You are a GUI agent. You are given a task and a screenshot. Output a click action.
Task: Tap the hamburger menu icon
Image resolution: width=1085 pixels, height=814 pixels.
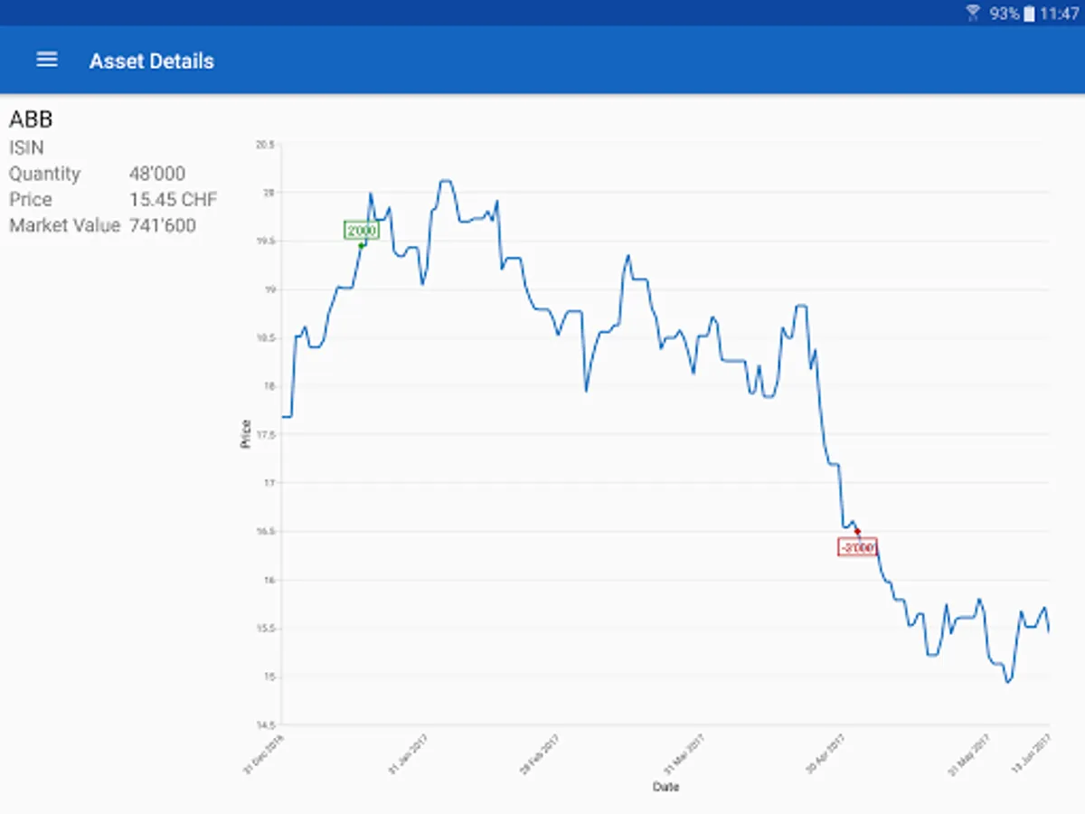46,60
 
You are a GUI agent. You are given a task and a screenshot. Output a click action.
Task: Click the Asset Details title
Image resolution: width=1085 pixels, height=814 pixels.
152,62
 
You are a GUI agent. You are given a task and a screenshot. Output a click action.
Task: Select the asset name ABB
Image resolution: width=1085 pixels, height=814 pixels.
31,119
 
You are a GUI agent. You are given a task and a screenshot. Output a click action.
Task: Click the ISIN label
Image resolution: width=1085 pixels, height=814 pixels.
26,147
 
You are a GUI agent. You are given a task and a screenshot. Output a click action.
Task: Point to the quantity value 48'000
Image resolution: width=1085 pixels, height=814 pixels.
157,174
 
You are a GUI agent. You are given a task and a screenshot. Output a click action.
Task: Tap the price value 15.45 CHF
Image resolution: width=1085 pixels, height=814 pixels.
173,200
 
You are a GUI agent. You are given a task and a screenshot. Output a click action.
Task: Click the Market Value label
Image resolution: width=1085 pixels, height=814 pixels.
64,225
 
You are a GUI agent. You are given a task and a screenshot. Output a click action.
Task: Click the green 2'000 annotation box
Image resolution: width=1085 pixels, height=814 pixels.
361,231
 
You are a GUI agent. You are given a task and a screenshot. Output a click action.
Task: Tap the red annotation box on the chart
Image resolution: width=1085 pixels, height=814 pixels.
857,547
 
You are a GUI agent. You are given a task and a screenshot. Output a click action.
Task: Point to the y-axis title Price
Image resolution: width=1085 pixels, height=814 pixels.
245,434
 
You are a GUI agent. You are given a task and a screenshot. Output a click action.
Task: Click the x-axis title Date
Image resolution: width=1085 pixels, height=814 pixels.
665,787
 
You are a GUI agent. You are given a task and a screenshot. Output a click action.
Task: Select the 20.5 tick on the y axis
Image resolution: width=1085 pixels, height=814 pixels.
265,145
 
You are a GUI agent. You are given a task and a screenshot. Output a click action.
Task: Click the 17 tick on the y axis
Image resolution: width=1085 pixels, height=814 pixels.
269,483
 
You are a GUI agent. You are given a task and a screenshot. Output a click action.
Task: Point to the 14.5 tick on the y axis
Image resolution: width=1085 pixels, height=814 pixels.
265,724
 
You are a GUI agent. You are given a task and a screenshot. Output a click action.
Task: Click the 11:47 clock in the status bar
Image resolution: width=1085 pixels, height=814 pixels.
1060,14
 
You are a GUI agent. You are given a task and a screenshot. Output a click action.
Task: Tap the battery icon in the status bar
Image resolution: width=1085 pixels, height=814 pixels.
1029,14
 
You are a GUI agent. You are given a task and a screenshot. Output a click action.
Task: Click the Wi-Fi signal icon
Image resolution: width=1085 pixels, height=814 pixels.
973,13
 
